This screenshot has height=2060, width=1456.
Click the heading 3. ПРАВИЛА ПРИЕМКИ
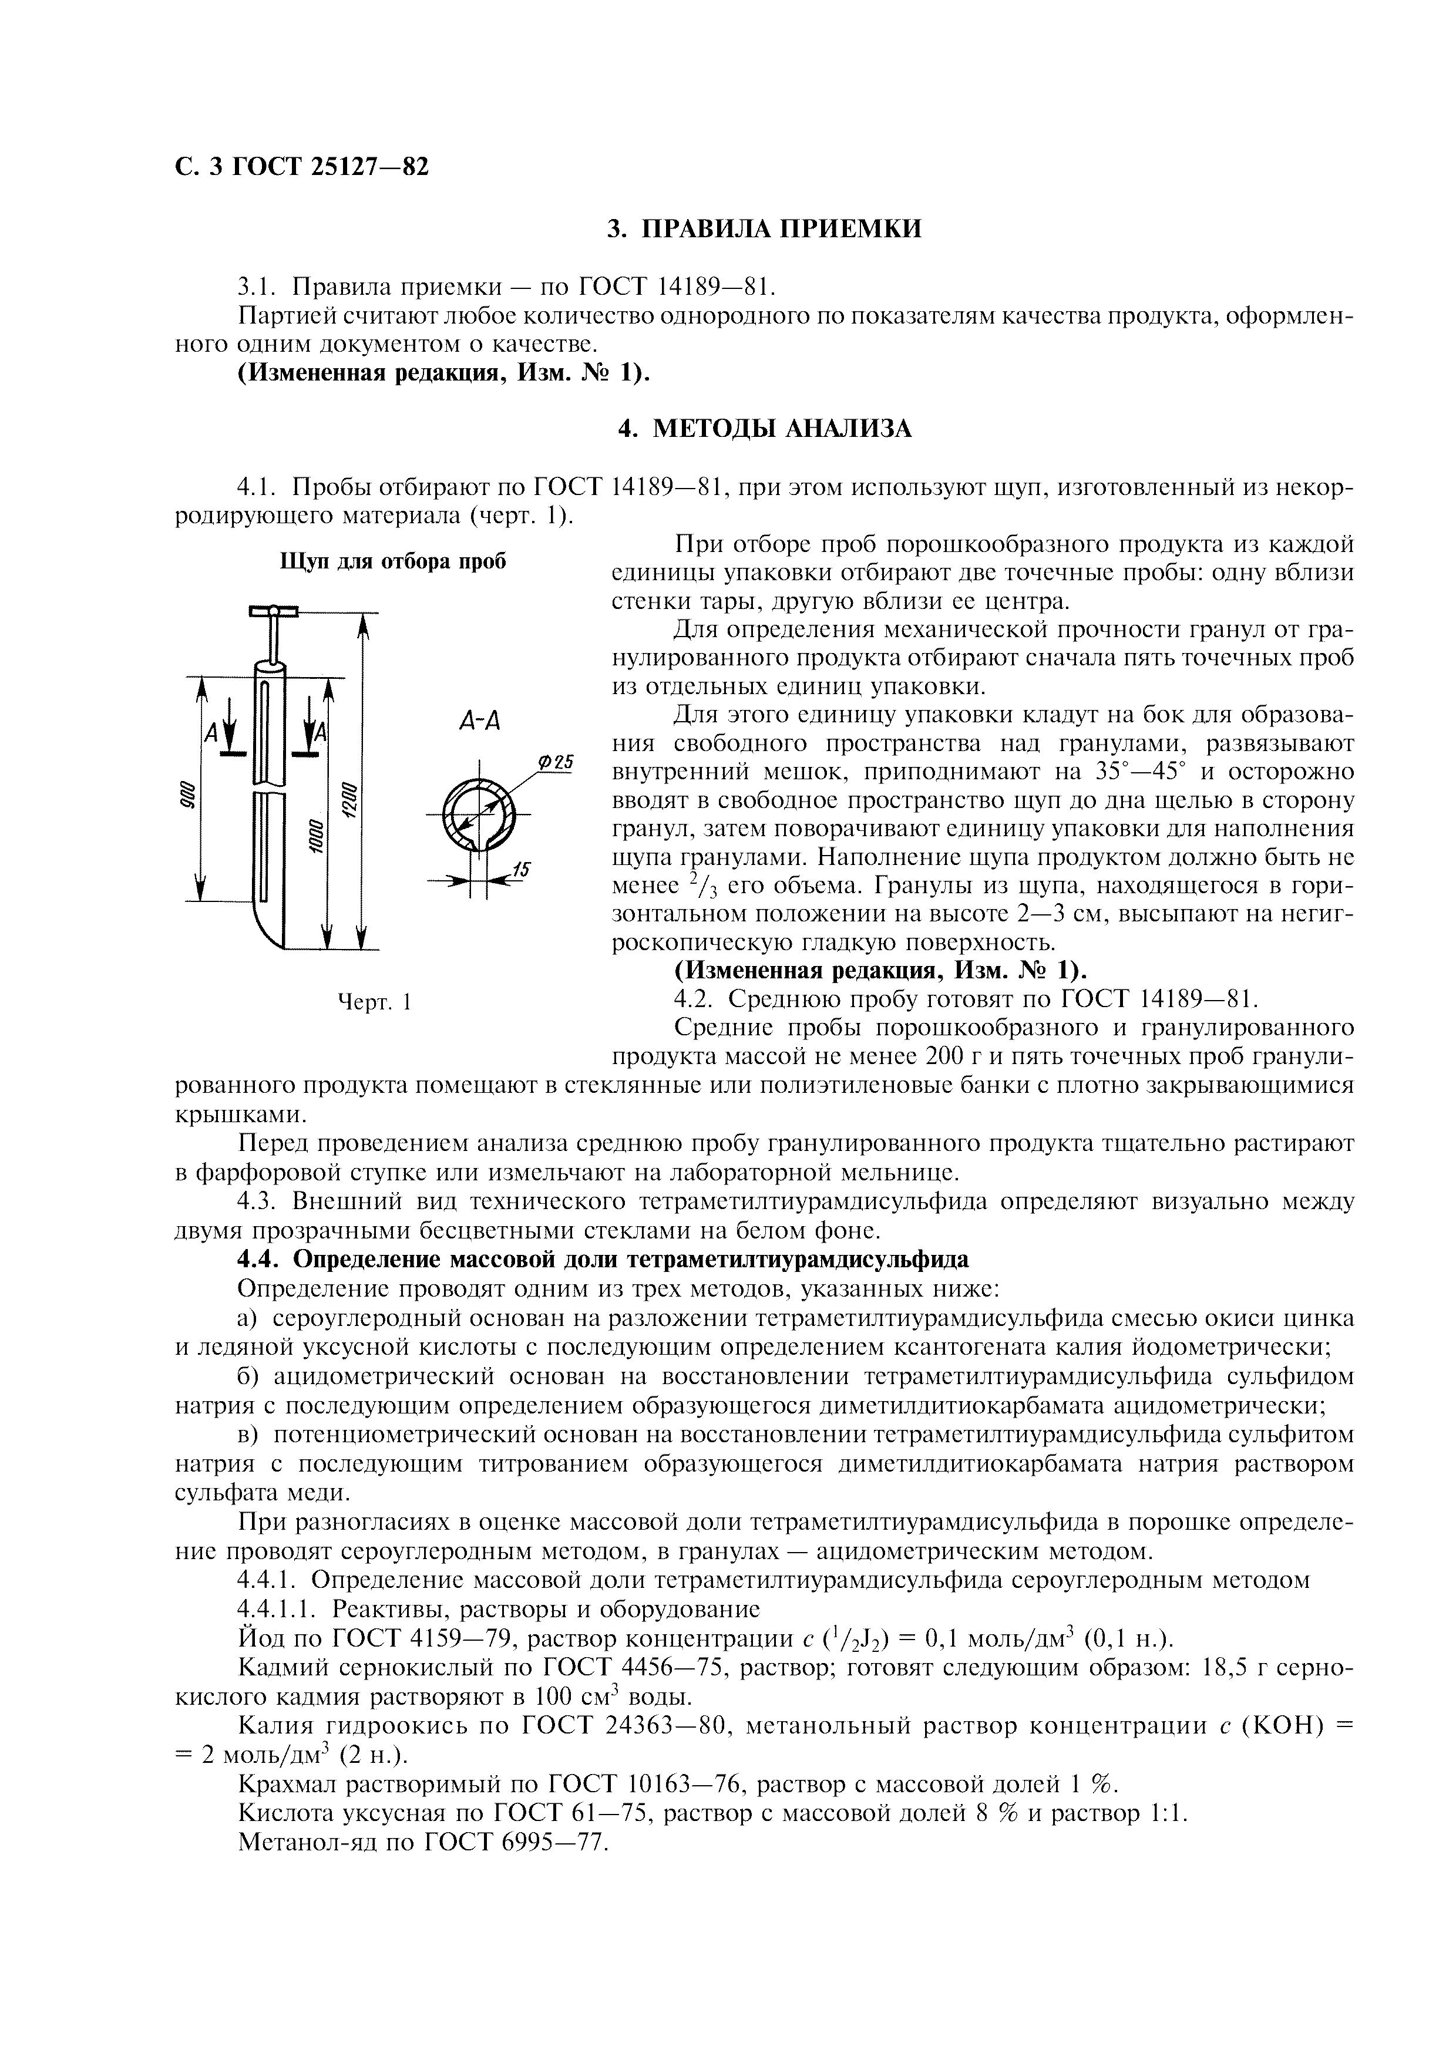click(x=764, y=229)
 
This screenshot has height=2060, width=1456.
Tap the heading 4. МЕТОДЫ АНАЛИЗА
click(x=764, y=429)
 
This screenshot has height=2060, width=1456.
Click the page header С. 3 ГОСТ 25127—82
click(x=301, y=167)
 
